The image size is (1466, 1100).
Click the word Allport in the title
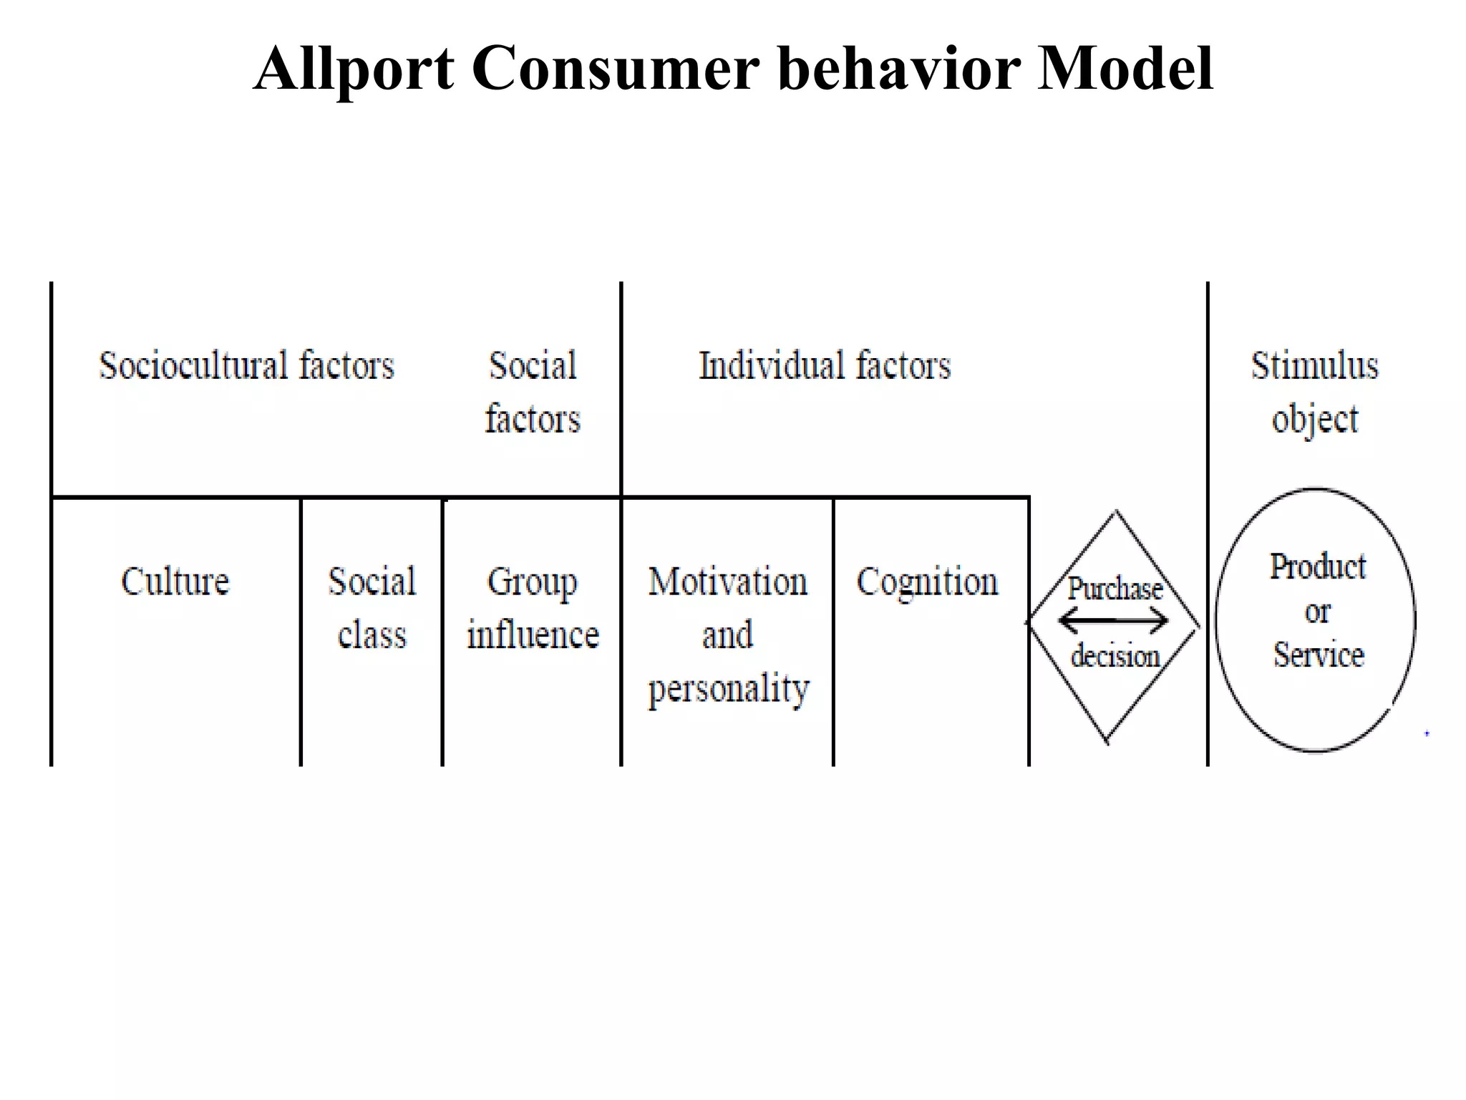point(354,69)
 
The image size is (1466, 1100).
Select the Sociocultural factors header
point(246,366)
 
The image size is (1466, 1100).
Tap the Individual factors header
point(824,366)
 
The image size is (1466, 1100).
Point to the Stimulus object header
point(1314,392)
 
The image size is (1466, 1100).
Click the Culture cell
point(175,582)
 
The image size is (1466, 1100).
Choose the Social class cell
point(372,608)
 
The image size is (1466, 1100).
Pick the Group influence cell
point(533,608)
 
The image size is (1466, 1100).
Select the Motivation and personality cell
point(728,635)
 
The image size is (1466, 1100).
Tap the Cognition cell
point(927,582)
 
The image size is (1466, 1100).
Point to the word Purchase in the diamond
point(1115,589)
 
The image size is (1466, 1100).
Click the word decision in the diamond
point(1115,656)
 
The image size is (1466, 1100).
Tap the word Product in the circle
point(1317,567)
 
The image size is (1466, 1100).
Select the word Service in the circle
point(1318,655)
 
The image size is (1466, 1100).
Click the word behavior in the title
point(898,69)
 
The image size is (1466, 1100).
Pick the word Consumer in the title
point(615,69)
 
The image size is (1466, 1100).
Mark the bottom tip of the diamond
point(1107,742)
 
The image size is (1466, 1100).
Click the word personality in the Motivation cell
point(728,689)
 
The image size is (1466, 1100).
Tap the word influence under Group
point(533,635)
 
